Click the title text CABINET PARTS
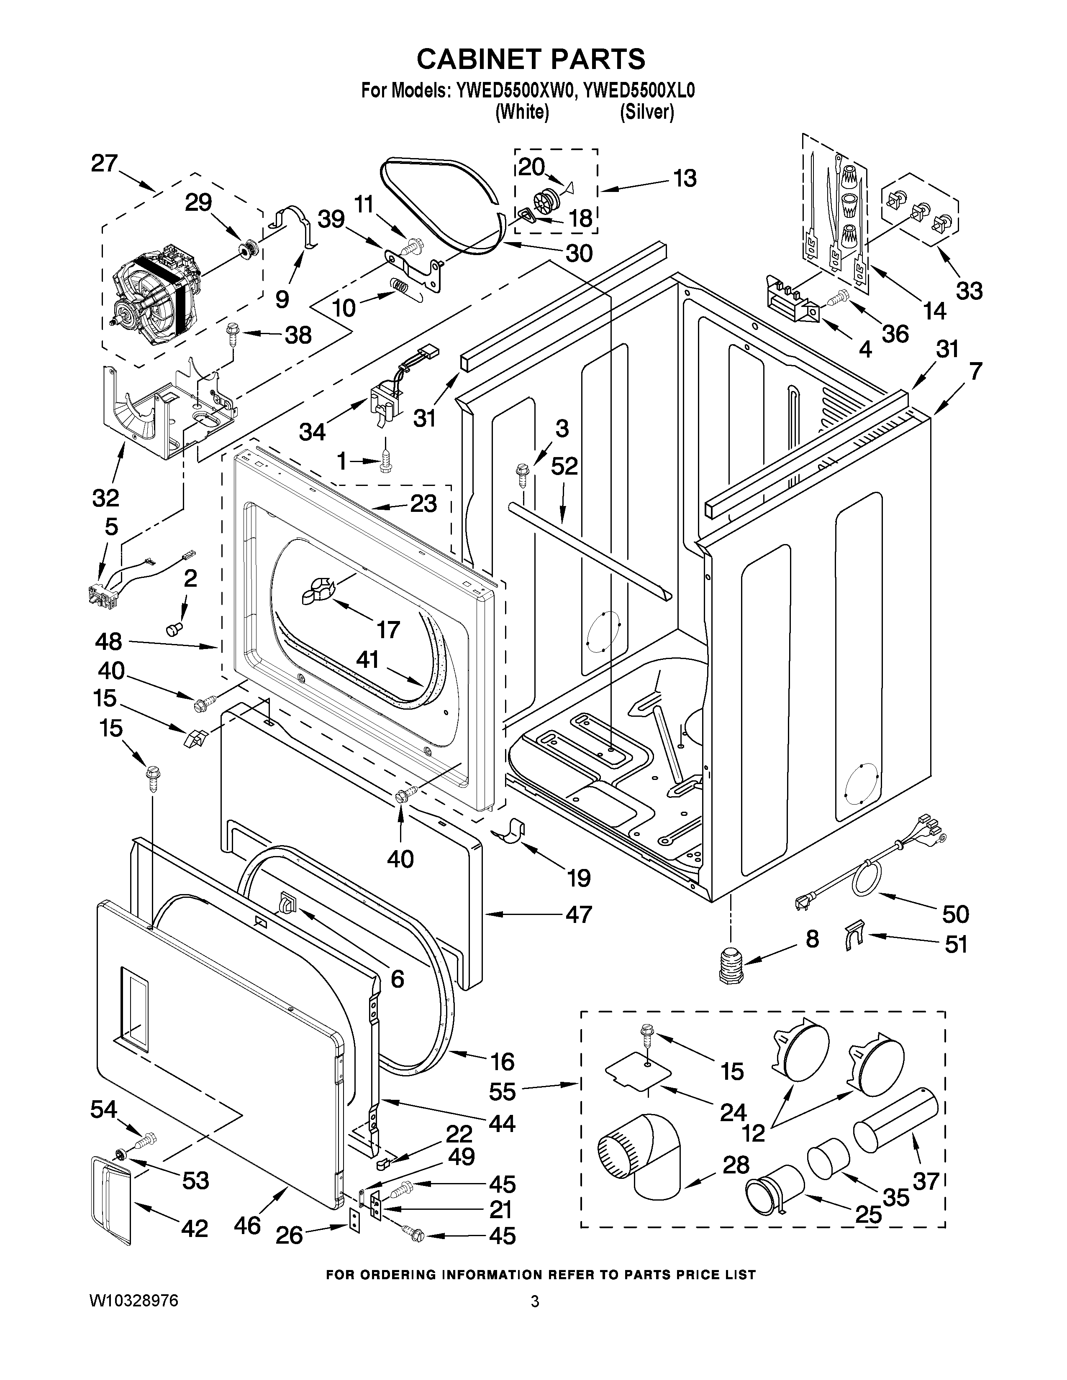531,59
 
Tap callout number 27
104,164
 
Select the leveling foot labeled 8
731,965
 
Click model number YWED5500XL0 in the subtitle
639,91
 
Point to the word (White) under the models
521,112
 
